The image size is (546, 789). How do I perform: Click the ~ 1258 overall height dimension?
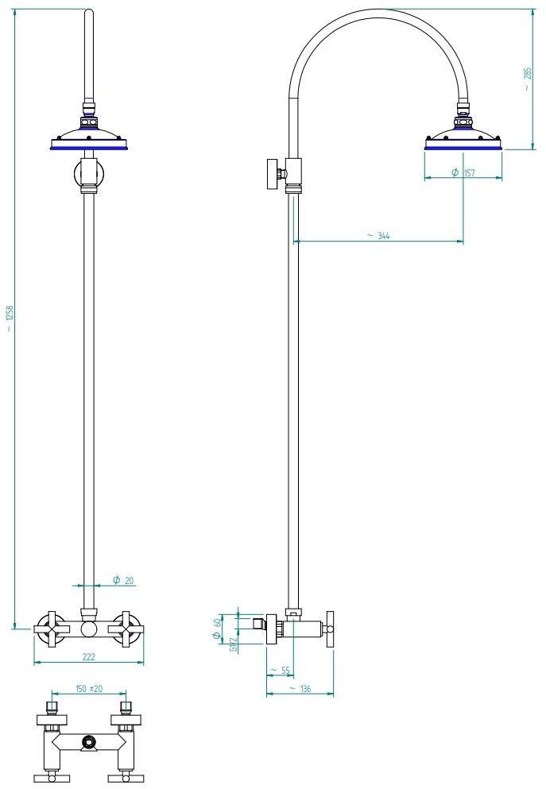tap(10, 318)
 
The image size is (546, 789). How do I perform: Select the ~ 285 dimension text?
tap(528, 79)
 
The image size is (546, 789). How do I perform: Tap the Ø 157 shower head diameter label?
tap(463, 172)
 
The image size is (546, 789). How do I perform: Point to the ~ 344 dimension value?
tap(378, 236)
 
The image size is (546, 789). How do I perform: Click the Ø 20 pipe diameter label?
tap(122, 581)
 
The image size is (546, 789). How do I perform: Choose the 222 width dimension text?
tap(88, 656)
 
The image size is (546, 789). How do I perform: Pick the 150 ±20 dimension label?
tap(88, 689)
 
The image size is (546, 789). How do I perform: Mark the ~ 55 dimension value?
tap(280, 671)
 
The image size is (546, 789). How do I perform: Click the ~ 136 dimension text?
tap(300, 688)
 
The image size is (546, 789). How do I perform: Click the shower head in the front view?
tap(88, 138)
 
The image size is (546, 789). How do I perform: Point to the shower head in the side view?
tap(463, 139)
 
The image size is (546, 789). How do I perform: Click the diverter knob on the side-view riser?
tap(274, 173)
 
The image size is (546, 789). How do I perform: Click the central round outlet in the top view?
tap(89, 742)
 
